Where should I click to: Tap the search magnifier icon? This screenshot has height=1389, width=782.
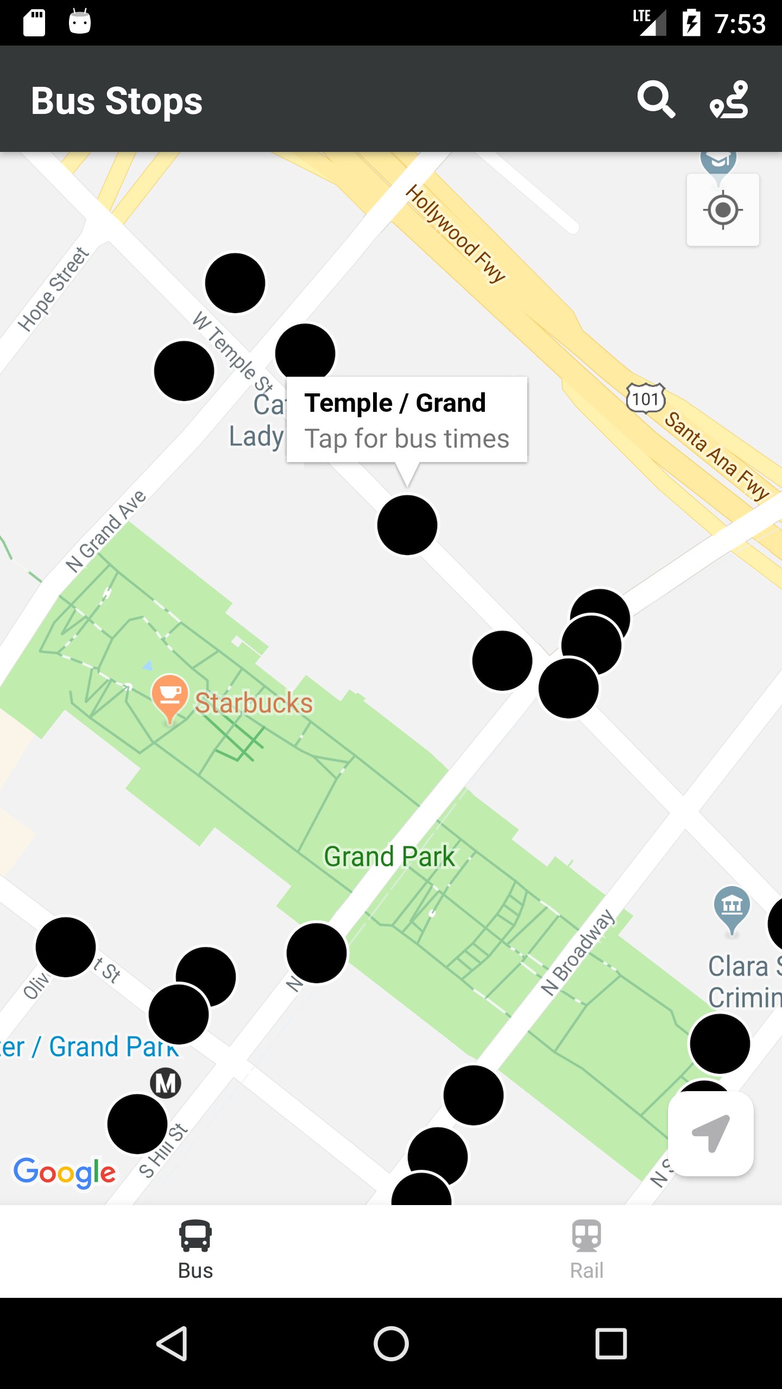point(656,100)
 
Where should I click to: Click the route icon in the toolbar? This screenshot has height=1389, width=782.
point(729,100)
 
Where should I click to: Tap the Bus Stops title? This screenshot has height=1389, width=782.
point(117,101)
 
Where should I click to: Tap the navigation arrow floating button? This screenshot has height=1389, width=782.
point(710,1133)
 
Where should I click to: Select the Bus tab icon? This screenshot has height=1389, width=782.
point(195,1236)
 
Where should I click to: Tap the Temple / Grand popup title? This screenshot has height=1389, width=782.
point(395,403)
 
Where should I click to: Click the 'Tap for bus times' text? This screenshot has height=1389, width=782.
point(407,438)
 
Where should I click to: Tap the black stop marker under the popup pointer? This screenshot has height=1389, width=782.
point(407,525)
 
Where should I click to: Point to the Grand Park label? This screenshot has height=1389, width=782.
point(389,857)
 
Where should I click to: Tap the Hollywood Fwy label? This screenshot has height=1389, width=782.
point(456,233)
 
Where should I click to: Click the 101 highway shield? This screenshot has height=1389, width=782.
point(645,399)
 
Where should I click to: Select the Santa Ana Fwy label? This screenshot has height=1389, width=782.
point(716,455)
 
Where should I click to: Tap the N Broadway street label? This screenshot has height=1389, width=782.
point(578,953)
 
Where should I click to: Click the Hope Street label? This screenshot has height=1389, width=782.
point(53,289)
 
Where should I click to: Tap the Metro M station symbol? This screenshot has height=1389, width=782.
point(166,1084)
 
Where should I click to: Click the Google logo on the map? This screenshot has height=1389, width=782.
point(65,1172)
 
